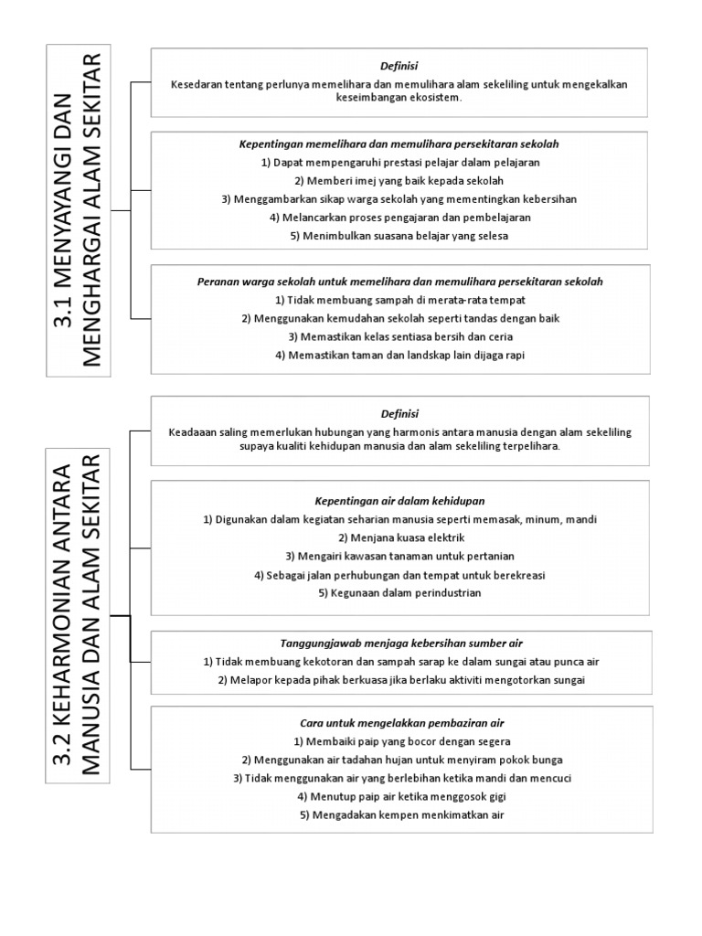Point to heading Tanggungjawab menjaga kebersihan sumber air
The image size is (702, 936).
(x=400, y=643)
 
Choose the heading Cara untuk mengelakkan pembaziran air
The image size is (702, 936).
(x=400, y=723)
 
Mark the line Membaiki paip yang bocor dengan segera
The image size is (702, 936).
(x=401, y=741)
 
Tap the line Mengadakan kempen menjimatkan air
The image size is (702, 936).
(x=400, y=814)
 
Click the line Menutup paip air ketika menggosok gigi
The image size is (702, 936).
(x=400, y=796)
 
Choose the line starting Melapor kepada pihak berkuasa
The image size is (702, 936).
(x=400, y=680)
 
